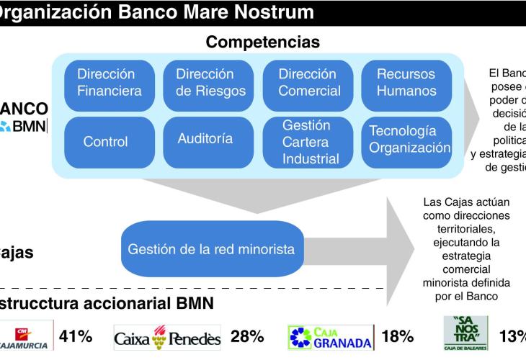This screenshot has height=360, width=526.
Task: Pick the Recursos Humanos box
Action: [406, 83]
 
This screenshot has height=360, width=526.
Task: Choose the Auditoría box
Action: [205, 138]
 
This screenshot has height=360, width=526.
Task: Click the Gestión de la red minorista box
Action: [211, 250]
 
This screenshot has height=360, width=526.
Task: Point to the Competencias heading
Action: [263, 42]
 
